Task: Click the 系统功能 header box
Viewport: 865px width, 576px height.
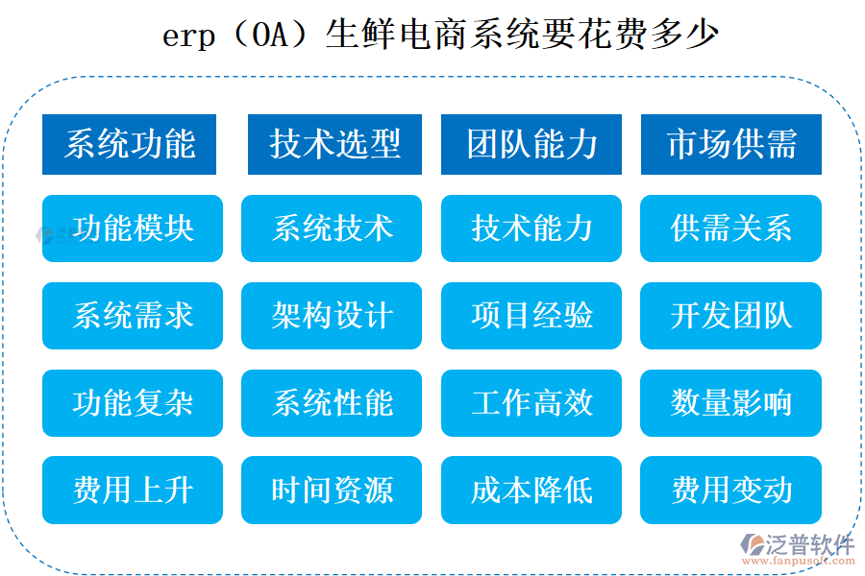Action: coord(129,144)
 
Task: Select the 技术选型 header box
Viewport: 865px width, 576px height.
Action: coord(334,144)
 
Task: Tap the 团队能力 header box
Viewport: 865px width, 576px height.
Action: coord(531,144)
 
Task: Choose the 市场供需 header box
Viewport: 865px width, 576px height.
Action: coord(730,144)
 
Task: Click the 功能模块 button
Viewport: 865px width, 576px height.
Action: coord(133,228)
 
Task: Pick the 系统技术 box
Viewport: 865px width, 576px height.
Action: coord(332,228)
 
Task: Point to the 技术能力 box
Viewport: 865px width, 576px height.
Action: coord(531,228)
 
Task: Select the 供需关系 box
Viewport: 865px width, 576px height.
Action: coord(730,228)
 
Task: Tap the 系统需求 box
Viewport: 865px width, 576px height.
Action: coord(133,316)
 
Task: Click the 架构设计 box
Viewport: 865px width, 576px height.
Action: coord(332,316)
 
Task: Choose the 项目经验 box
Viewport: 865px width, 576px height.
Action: coord(531,316)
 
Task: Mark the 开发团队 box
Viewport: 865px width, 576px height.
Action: coord(730,316)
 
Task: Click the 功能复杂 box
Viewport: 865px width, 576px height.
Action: coord(133,403)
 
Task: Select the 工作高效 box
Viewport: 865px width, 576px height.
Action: coord(531,403)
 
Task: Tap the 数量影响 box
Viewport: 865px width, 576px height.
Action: coord(730,403)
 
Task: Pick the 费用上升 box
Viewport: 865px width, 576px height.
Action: coord(133,491)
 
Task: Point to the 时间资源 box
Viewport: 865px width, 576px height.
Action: coord(332,491)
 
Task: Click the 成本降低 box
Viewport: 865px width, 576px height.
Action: coord(531,491)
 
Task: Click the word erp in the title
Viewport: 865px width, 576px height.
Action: coord(188,38)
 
